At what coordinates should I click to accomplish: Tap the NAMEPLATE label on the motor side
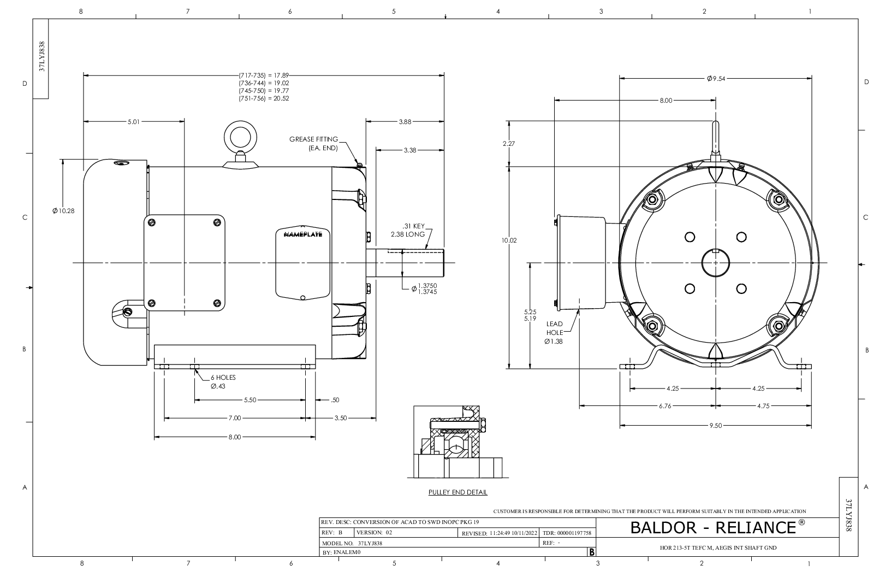pyautogui.click(x=303, y=234)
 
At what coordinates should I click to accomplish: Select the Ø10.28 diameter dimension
pyautogui.click(x=64, y=211)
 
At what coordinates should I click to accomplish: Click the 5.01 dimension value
pyautogui.click(x=134, y=122)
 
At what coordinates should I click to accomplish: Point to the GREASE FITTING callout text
pyautogui.click(x=314, y=139)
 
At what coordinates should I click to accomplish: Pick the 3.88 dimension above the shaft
pyautogui.click(x=405, y=122)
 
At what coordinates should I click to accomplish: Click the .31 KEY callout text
pyautogui.click(x=413, y=226)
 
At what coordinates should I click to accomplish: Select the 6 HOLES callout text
pyautogui.click(x=223, y=378)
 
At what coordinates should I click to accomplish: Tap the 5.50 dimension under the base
pyautogui.click(x=250, y=400)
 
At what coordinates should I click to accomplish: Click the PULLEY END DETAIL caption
pyautogui.click(x=458, y=492)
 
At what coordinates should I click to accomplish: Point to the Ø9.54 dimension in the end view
pyautogui.click(x=716, y=79)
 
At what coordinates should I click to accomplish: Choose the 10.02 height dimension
pyautogui.click(x=509, y=240)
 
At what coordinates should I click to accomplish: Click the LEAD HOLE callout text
pyautogui.click(x=555, y=328)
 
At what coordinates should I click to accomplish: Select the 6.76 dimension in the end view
pyautogui.click(x=665, y=406)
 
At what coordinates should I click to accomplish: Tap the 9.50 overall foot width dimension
pyautogui.click(x=716, y=426)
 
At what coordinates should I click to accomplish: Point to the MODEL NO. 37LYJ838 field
pyautogui.click(x=352, y=543)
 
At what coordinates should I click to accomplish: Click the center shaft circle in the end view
pyautogui.click(x=716, y=263)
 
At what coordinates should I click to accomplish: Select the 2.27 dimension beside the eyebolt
pyautogui.click(x=509, y=144)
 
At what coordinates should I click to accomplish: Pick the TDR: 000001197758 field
pyautogui.click(x=567, y=533)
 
